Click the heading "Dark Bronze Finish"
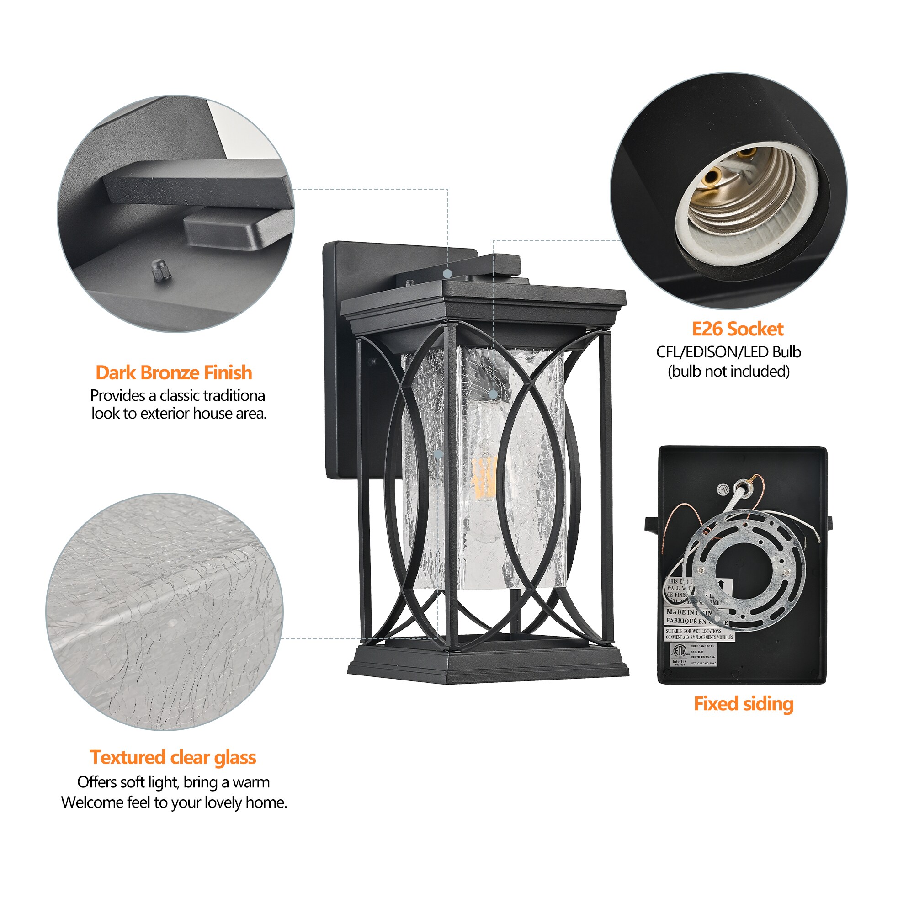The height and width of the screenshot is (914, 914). [174, 373]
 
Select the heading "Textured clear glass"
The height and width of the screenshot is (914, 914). [173, 757]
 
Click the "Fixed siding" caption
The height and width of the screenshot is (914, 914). [743, 703]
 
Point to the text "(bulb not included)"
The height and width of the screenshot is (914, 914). [728, 372]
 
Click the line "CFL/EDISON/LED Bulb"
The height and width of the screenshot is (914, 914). [728, 352]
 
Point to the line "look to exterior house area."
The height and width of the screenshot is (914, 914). [179, 414]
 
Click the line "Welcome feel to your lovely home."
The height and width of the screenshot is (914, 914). [174, 802]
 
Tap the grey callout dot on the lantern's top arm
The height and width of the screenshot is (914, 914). [447, 273]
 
